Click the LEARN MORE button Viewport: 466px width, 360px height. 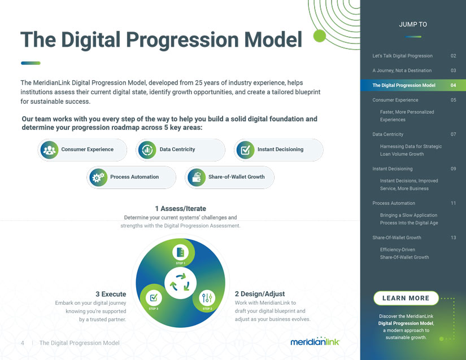[x=406, y=298]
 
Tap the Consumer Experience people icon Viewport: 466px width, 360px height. [x=49, y=150]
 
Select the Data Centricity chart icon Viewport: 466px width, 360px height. [x=147, y=150]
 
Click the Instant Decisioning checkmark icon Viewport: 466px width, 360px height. [x=246, y=150]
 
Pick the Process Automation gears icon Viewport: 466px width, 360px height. [x=98, y=178]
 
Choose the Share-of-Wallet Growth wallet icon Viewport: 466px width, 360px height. [x=197, y=178]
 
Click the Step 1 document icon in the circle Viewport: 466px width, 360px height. [x=180, y=253]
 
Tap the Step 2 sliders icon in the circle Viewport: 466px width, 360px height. [x=207, y=297]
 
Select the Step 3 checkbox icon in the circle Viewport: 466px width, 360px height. [x=154, y=297]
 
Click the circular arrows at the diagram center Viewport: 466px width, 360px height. [x=180, y=283]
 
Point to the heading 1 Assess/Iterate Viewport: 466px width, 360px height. [x=180, y=209]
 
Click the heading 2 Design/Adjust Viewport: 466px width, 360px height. [x=260, y=294]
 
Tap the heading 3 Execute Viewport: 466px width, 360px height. [x=111, y=294]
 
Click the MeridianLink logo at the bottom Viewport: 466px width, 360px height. [x=315, y=341]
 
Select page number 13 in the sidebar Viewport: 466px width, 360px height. [x=453, y=238]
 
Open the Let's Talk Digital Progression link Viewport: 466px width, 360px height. [x=402, y=56]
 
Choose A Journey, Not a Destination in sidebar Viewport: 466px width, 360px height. [x=402, y=71]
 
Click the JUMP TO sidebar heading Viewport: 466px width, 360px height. [x=413, y=24]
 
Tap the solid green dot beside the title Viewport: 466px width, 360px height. [x=320, y=36]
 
